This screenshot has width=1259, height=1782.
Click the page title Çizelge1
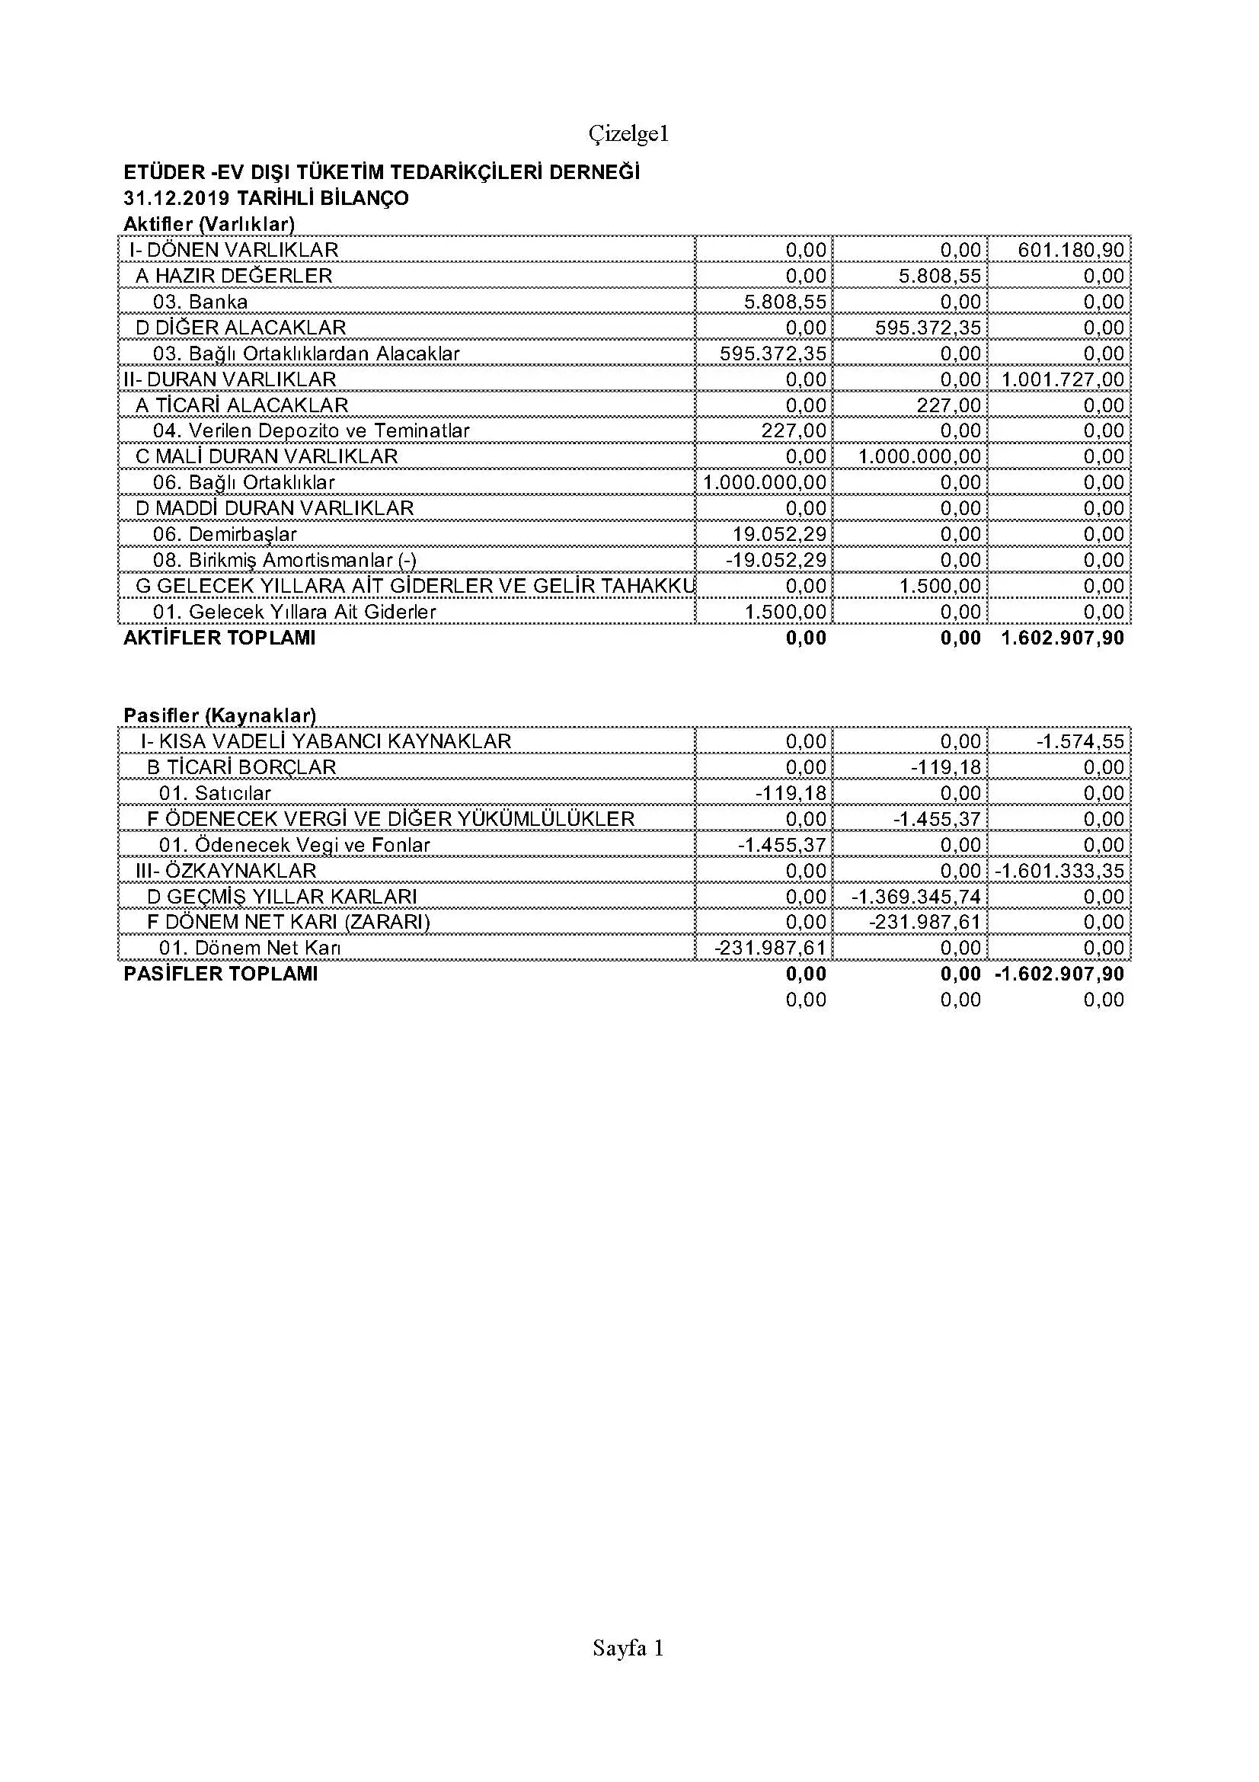[x=628, y=134]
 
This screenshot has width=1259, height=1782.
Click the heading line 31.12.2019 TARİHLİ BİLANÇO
[x=265, y=198]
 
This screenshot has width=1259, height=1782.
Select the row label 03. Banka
[x=200, y=301]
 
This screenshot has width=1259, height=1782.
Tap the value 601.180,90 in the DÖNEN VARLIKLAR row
[x=1071, y=250]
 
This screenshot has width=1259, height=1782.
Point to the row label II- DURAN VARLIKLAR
[x=229, y=379]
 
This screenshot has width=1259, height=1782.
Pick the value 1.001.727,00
[x=1062, y=379]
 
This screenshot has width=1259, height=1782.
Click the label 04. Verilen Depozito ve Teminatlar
[x=311, y=430]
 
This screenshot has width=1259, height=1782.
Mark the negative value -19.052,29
[x=775, y=560]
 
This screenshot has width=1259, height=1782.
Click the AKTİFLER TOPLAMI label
[x=219, y=638]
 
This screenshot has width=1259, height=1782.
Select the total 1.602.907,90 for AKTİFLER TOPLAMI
[x=1062, y=638]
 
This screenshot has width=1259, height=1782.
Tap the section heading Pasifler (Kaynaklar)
[x=219, y=715]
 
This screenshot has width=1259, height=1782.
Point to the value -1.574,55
[x=1080, y=741]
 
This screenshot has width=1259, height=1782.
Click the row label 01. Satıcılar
[x=215, y=792]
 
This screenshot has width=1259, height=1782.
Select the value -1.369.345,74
[x=916, y=897]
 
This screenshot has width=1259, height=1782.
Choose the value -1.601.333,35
[x=1059, y=870]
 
